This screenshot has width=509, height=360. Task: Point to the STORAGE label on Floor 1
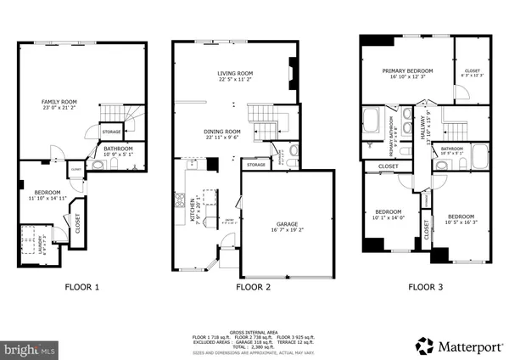[x=111, y=132]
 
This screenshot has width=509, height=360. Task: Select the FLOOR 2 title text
[x=253, y=287]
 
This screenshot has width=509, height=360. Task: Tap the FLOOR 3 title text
[x=424, y=287]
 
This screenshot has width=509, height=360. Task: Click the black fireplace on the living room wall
[x=293, y=70]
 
